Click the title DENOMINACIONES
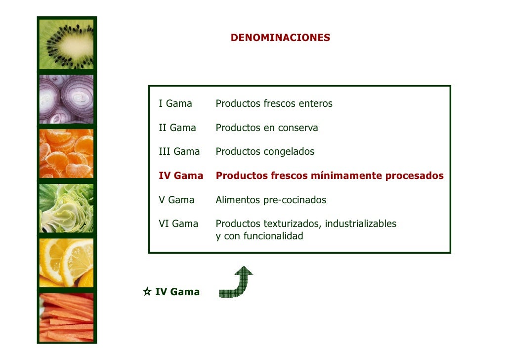(x=280, y=38)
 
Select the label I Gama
(x=175, y=104)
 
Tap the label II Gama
(x=177, y=128)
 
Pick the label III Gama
(x=179, y=151)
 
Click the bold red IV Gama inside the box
(x=180, y=176)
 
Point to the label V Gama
(x=176, y=200)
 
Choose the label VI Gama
(x=178, y=224)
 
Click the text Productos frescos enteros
(x=274, y=104)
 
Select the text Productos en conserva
(x=267, y=128)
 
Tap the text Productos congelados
(x=265, y=151)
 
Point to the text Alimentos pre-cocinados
(x=271, y=200)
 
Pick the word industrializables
(x=360, y=224)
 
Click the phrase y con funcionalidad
(x=259, y=236)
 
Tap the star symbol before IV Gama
(x=147, y=292)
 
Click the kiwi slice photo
(x=67, y=45)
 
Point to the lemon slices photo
(x=67, y=262)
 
